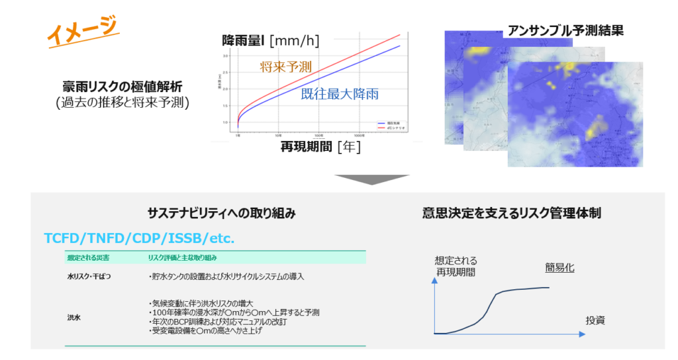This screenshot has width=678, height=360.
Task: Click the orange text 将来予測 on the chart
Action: point(285,67)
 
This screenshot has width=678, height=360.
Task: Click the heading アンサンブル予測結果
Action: point(565,30)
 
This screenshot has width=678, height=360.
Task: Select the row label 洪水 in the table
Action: point(73,318)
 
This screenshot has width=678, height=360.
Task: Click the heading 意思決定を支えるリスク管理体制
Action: point(511,213)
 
